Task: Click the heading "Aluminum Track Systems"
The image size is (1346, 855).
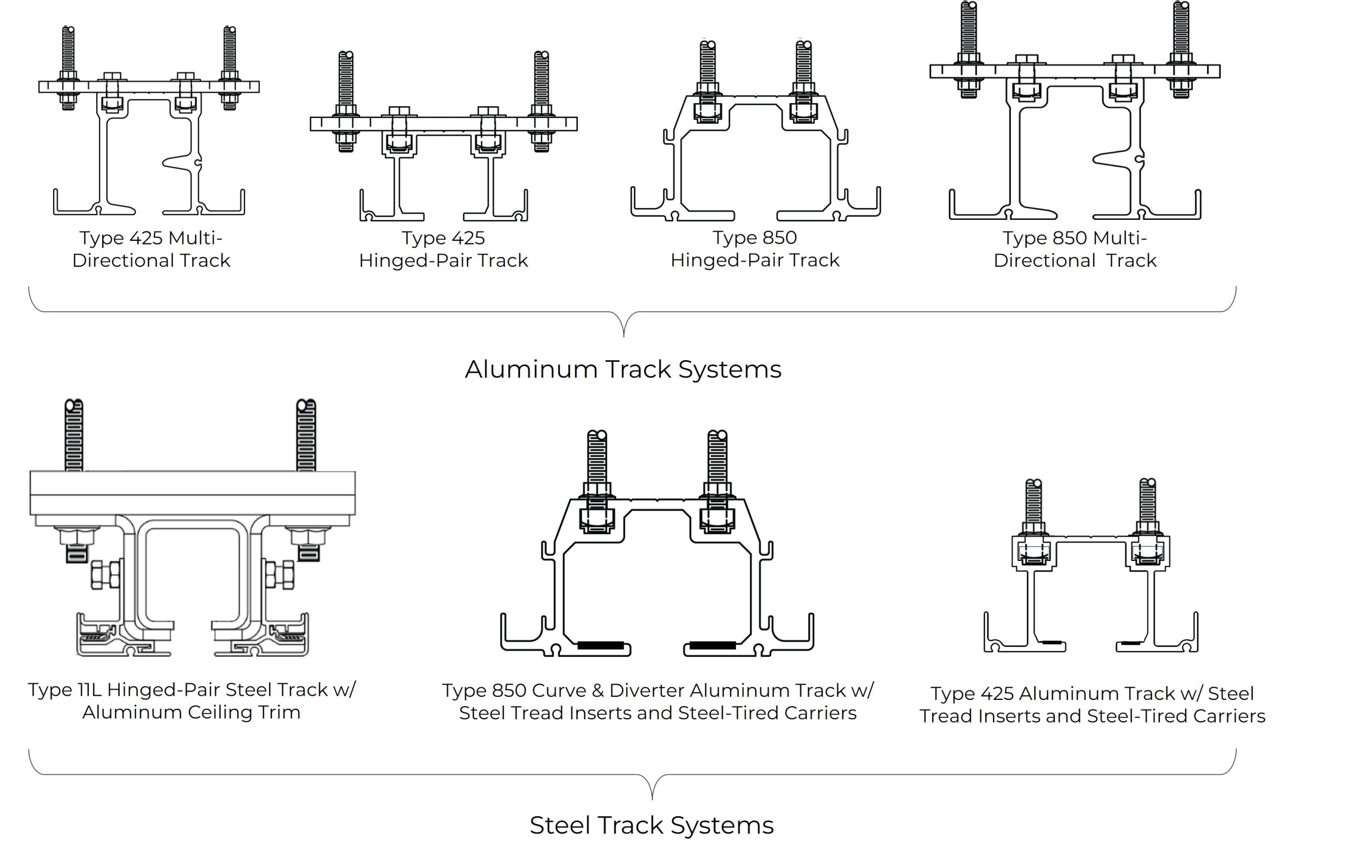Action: [x=623, y=370]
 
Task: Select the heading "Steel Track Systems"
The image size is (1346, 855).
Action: [x=652, y=826]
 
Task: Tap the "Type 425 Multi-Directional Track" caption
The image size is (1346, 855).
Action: [x=151, y=249]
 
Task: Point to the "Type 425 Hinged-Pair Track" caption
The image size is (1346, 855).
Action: [x=443, y=249]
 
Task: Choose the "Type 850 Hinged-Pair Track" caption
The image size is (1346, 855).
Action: [x=754, y=249]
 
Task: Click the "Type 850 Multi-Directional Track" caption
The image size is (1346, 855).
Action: [x=1074, y=249]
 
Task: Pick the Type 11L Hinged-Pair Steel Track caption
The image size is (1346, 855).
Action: [x=192, y=700]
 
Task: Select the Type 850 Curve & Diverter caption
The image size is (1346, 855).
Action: [x=658, y=701]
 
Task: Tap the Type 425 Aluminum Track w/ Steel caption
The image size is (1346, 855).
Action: [x=1092, y=705]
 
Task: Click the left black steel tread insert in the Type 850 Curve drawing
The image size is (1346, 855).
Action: [x=600, y=645]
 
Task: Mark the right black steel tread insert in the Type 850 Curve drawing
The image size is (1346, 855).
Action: [x=712, y=645]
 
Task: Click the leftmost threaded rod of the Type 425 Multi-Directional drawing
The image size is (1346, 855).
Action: [x=68, y=50]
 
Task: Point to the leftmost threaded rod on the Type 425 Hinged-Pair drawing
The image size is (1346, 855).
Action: [x=345, y=78]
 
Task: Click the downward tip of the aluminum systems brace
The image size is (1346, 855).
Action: [x=624, y=335]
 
